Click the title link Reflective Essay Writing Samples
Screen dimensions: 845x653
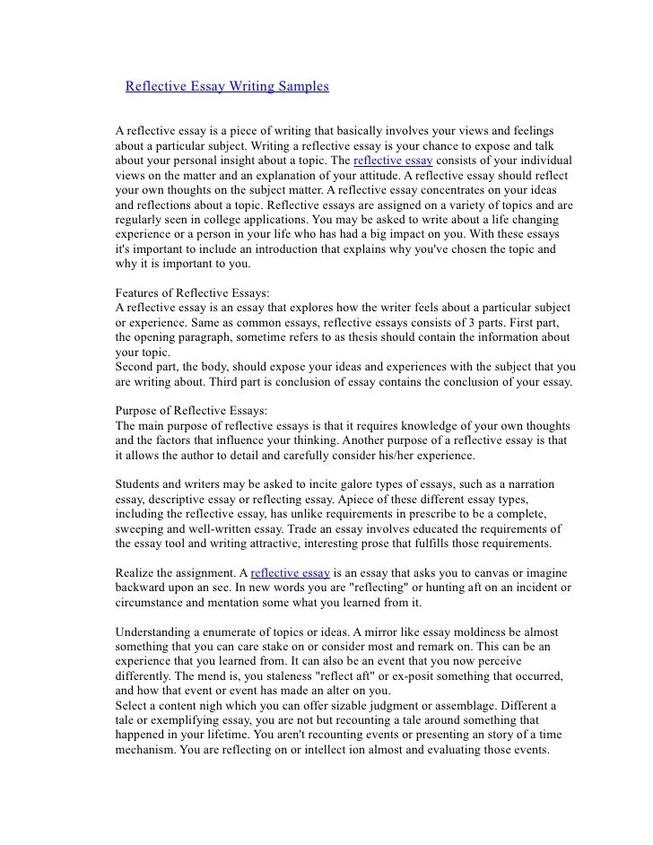[226, 87]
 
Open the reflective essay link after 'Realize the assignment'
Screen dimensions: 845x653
[291, 571]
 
